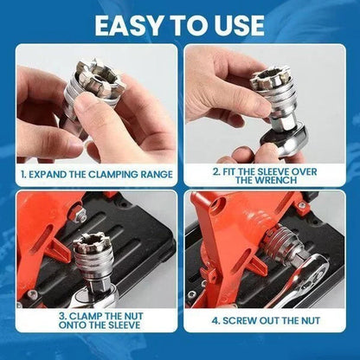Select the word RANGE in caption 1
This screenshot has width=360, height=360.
coord(153,174)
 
